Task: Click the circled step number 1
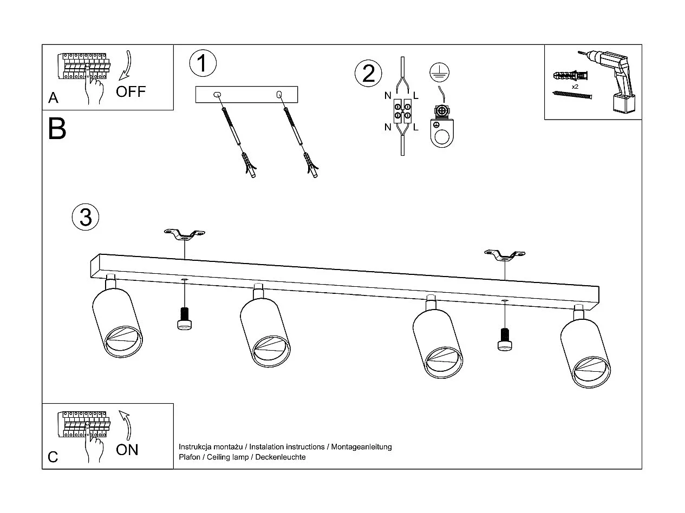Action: [203, 63]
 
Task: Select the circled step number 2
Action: [368, 74]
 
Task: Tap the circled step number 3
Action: [86, 217]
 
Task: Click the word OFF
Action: [131, 91]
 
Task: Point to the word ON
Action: [127, 449]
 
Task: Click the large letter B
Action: [57, 129]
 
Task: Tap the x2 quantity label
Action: [575, 87]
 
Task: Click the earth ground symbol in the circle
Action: [439, 71]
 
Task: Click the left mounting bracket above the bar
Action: [185, 234]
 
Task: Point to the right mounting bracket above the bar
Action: [505, 254]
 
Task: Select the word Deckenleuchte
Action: [280, 457]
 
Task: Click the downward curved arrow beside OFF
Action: [127, 68]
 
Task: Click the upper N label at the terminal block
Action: [388, 96]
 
